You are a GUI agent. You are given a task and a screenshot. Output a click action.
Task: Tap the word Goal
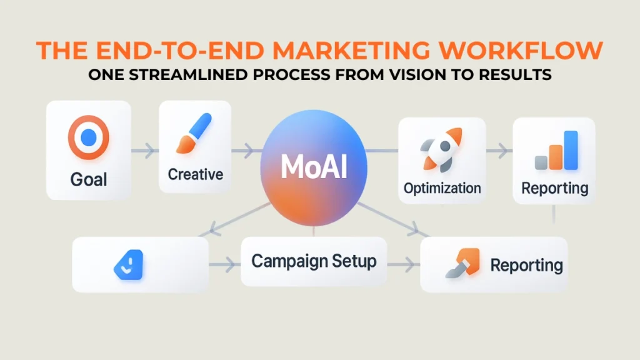(x=89, y=179)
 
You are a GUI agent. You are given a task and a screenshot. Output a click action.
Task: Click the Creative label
(x=196, y=174)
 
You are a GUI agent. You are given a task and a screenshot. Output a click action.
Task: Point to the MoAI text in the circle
(x=314, y=167)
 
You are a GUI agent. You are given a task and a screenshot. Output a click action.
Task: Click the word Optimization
(x=442, y=187)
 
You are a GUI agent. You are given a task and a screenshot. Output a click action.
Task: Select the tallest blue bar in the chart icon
(x=571, y=150)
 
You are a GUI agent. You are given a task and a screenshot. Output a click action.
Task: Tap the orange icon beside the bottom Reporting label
(x=462, y=263)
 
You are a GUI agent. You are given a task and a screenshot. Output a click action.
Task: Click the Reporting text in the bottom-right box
(x=526, y=265)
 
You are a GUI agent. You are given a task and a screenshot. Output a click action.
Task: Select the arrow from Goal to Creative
(x=145, y=151)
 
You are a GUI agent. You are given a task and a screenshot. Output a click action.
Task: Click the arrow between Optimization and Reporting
(x=499, y=150)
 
